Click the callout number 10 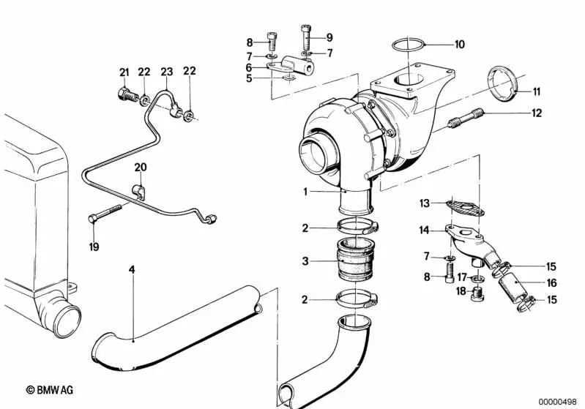(459, 44)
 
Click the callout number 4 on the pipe (132, 271)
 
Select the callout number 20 (141, 168)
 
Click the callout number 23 (167, 72)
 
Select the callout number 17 (462, 277)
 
